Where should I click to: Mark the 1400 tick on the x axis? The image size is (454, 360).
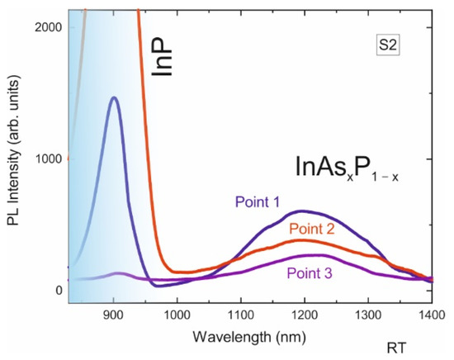point(430,317)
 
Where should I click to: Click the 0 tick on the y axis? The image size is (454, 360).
point(58,290)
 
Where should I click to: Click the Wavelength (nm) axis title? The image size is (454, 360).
point(248,338)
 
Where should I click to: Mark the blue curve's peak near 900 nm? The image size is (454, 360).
point(114,97)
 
